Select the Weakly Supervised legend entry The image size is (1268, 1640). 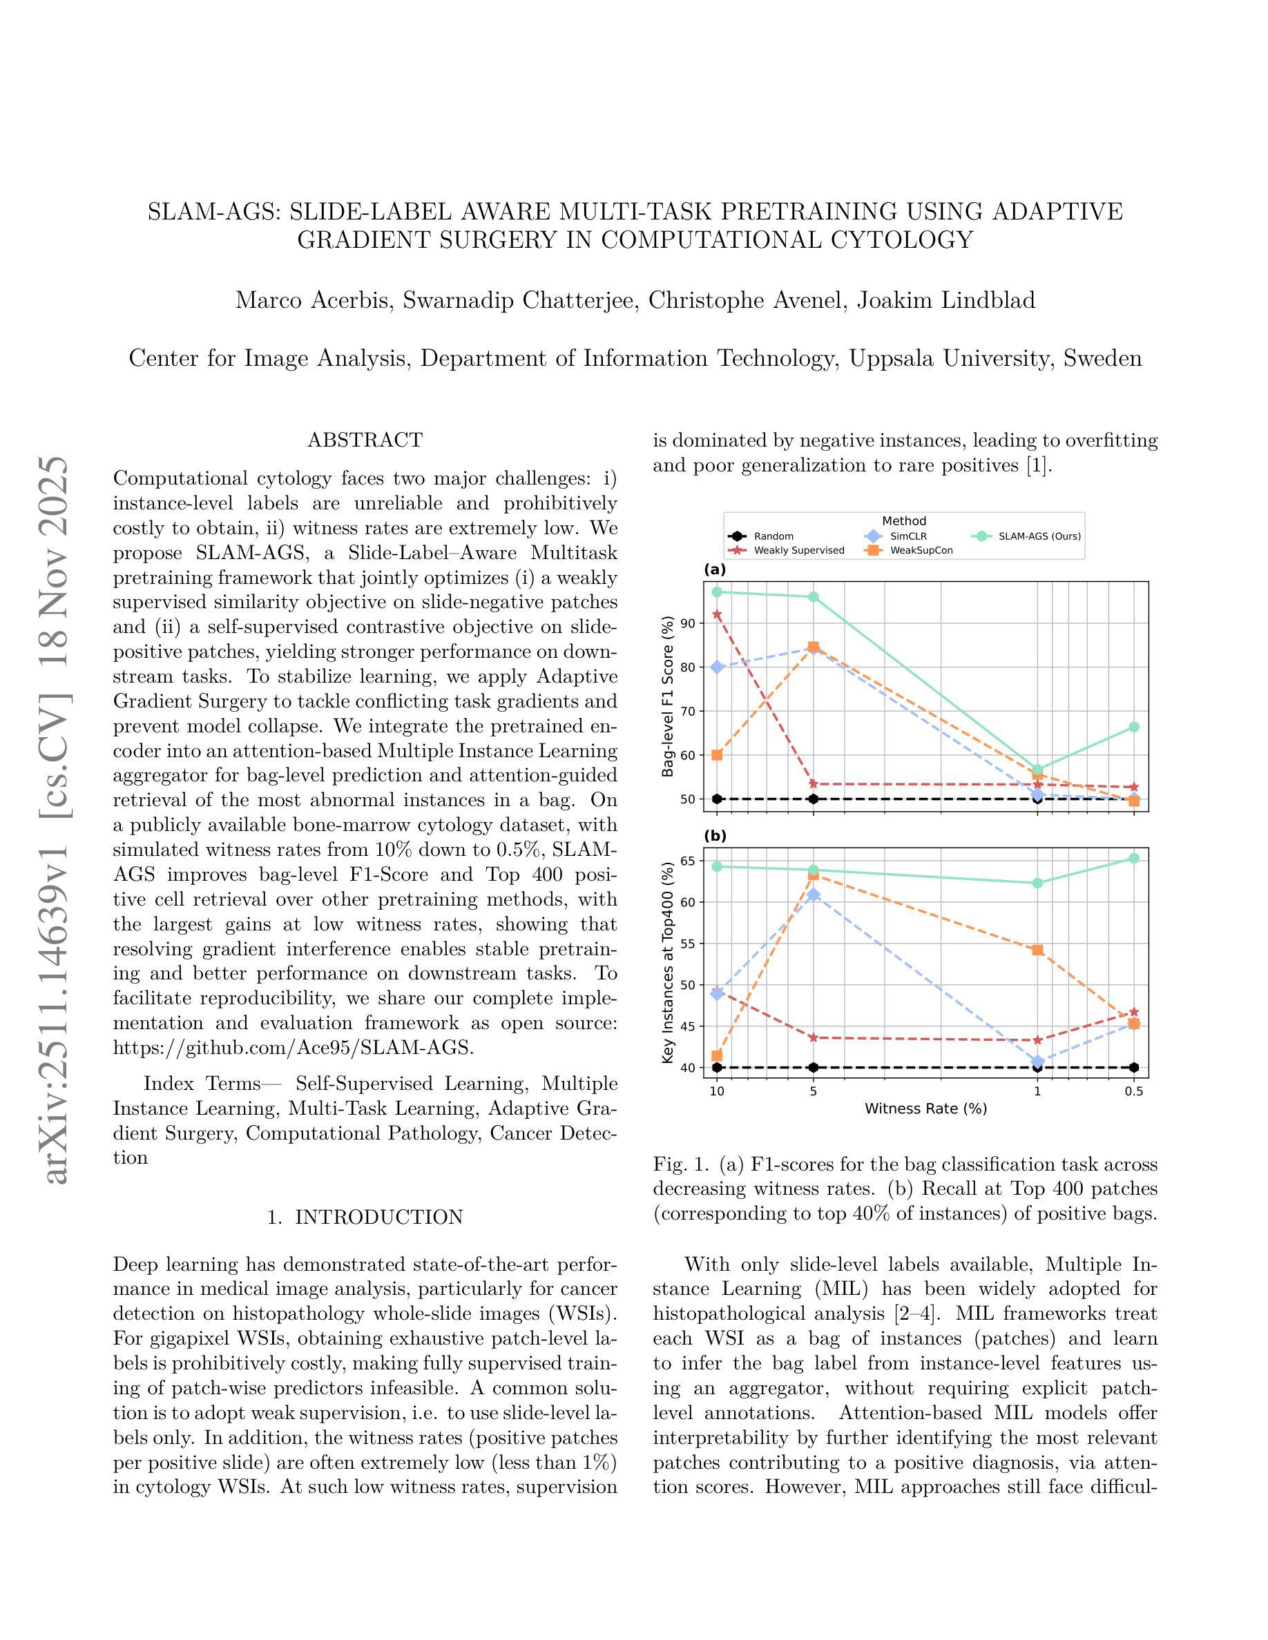coord(798,550)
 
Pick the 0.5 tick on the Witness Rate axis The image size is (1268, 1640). coord(1133,1091)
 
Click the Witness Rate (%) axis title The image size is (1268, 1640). coord(925,1109)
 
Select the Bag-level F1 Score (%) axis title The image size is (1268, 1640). coord(668,696)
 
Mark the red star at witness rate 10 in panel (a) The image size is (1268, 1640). coord(717,614)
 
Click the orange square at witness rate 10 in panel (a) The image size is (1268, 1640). coord(717,754)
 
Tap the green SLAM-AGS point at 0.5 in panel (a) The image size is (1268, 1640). coord(1133,727)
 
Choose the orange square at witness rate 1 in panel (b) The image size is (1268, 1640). coord(1037,950)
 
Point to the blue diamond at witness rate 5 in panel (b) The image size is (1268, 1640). coord(813,895)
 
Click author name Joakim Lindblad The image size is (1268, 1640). coord(945,300)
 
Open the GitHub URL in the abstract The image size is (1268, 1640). coord(293,1048)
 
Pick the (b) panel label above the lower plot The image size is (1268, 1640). coord(714,836)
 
